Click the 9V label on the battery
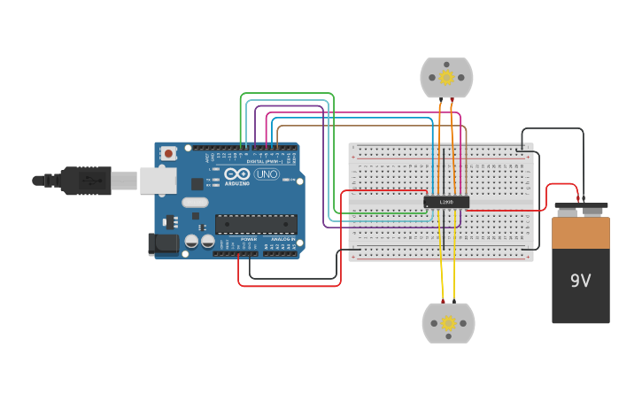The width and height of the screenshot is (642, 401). click(x=580, y=281)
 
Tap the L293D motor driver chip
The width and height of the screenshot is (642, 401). click(x=445, y=202)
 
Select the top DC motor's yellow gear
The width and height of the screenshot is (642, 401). click(x=446, y=78)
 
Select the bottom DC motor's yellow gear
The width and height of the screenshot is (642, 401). click(x=448, y=324)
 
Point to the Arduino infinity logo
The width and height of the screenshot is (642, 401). click(x=236, y=174)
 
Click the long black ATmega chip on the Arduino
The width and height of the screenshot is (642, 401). click(x=256, y=224)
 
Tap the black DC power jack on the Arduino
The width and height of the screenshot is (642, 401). click(x=165, y=243)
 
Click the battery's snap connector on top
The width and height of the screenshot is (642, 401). click(x=581, y=210)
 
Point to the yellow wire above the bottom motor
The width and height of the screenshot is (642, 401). click(x=442, y=274)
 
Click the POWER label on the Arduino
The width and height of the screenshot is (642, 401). click(x=249, y=239)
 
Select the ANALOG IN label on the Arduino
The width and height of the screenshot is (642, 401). click(x=282, y=239)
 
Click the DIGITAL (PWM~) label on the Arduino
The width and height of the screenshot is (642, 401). click(x=265, y=161)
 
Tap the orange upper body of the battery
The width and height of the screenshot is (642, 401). click(x=580, y=233)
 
